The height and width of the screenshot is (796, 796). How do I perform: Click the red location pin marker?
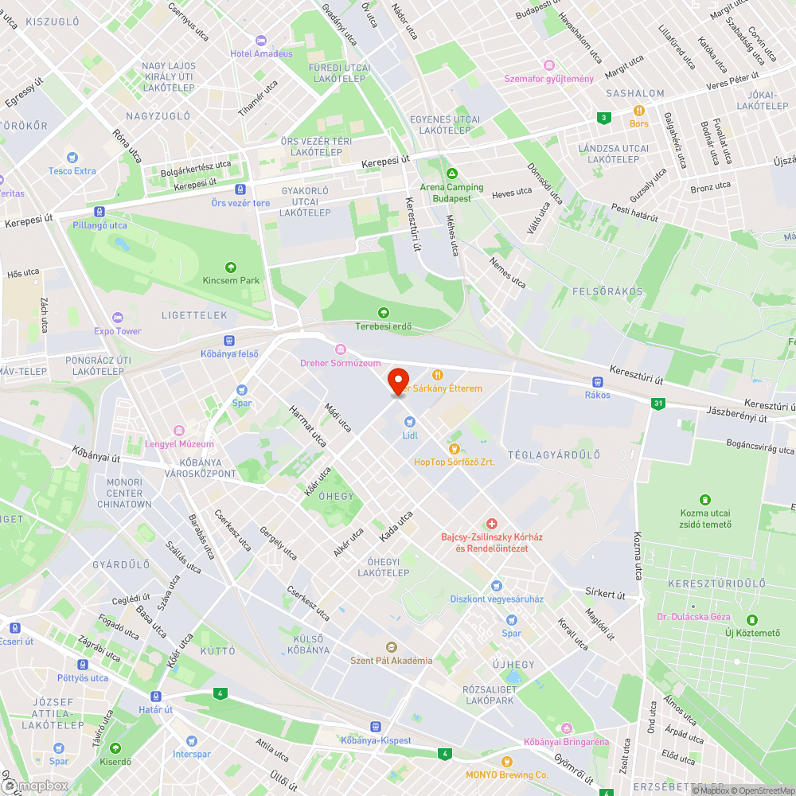[x=397, y=380]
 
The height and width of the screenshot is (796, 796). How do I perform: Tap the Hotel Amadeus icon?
[x=260, y=41]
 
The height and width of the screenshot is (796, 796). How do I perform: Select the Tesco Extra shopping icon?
[x=72, y=158]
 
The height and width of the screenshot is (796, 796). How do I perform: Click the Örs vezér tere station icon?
[x=240, y=189]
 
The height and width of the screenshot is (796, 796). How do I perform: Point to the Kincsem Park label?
[x=231, y=280]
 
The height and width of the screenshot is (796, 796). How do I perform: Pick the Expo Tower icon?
[x=118, y=318]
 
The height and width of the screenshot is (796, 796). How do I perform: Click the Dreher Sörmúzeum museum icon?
[x=341, y=349]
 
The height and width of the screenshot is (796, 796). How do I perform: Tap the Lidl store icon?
[x=410, y=421]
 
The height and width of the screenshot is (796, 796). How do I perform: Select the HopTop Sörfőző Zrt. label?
[x=455, y=462]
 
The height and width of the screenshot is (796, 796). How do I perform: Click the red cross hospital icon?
[x=492, y=523]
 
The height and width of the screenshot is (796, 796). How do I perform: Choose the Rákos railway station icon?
[x=597, y=382]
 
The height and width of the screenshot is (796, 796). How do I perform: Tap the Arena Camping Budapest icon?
[x=452, y=174]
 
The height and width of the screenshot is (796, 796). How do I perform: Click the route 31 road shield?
[x=657, y=404]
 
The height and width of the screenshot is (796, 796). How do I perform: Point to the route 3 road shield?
[x=604, y=118]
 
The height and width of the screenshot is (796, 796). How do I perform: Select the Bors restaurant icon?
[x=638, y=111]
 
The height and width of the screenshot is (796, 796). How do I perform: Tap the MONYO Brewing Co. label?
[x=507, y=775]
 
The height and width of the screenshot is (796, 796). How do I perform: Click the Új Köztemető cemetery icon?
[x=751, y=619]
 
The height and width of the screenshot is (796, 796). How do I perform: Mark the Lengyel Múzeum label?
[x=179, y=444]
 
